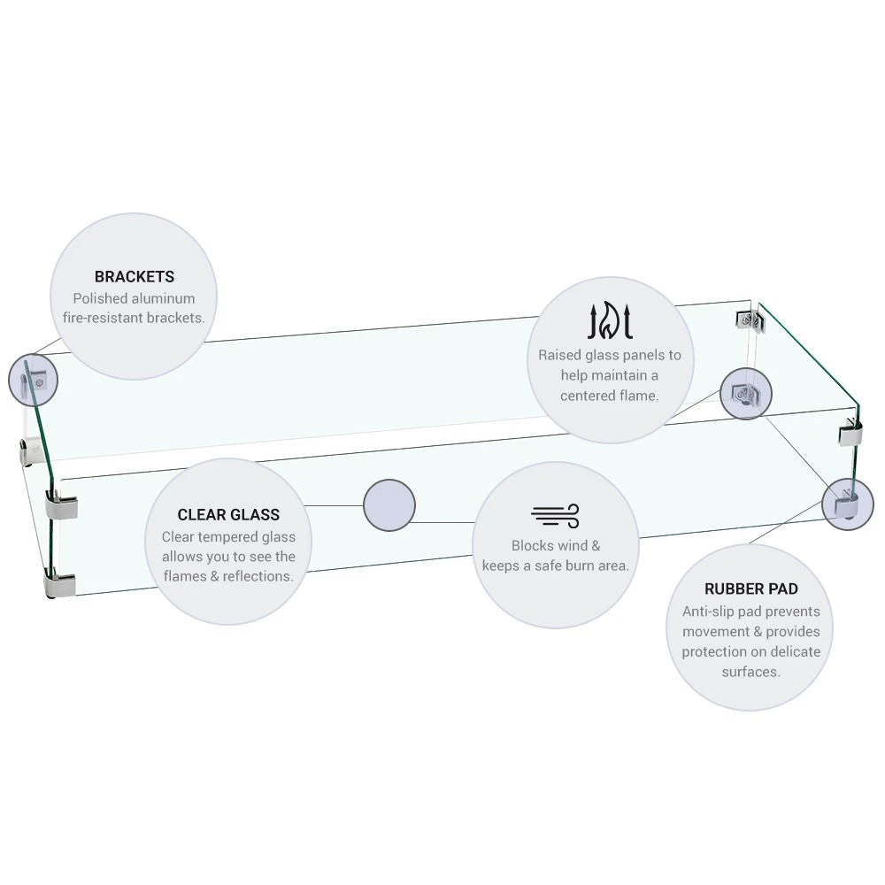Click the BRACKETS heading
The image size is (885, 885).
(135, 277)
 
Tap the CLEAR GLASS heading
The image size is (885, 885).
(228, 515)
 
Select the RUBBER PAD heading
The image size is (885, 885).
(750, 589)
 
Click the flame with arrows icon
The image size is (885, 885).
(611, 322)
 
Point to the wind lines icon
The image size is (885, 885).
(555, 515)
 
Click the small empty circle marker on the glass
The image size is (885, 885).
(389, 505)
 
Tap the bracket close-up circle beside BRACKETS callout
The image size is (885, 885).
(34, 380)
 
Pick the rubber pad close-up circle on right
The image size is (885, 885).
(847, 504)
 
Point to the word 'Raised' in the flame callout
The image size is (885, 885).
(560, 355)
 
